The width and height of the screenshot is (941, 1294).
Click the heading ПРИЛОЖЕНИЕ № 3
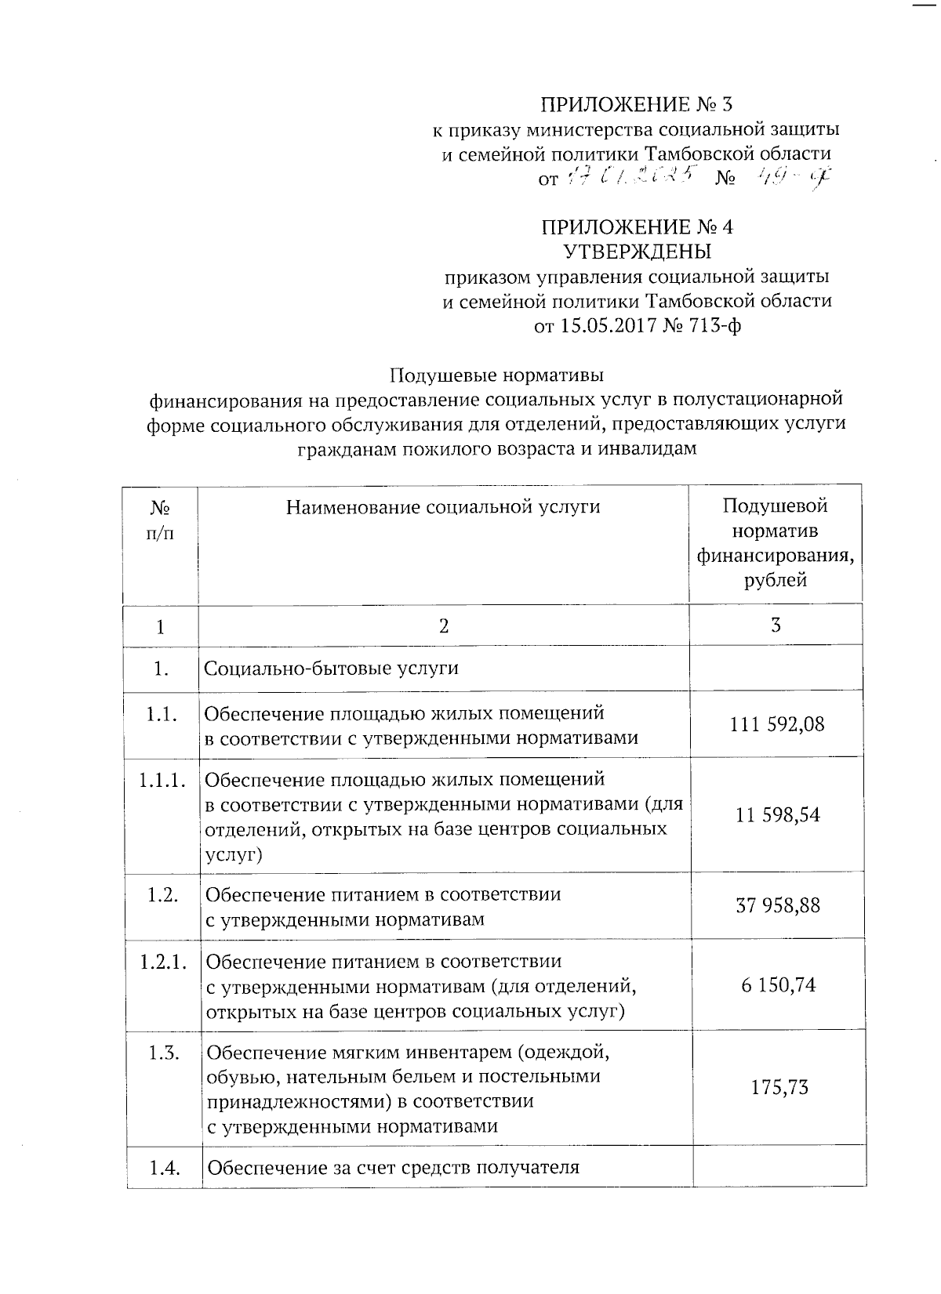[638, 104]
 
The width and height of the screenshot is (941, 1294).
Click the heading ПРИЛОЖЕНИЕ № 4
[638, 227]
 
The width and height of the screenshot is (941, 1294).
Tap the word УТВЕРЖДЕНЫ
[638, 252]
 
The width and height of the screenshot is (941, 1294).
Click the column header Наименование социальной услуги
[443, 507]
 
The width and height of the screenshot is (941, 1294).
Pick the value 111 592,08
[777, 724]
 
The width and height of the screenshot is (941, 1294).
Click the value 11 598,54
[778, 815]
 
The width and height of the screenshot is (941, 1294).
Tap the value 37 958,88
[778, 906]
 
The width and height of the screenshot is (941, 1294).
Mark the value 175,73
[779, 1088]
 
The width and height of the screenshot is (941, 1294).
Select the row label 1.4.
[165, 1169]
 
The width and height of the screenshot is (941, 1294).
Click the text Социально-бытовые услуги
[331, 669]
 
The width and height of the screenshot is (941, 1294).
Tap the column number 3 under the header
[776, 625]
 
